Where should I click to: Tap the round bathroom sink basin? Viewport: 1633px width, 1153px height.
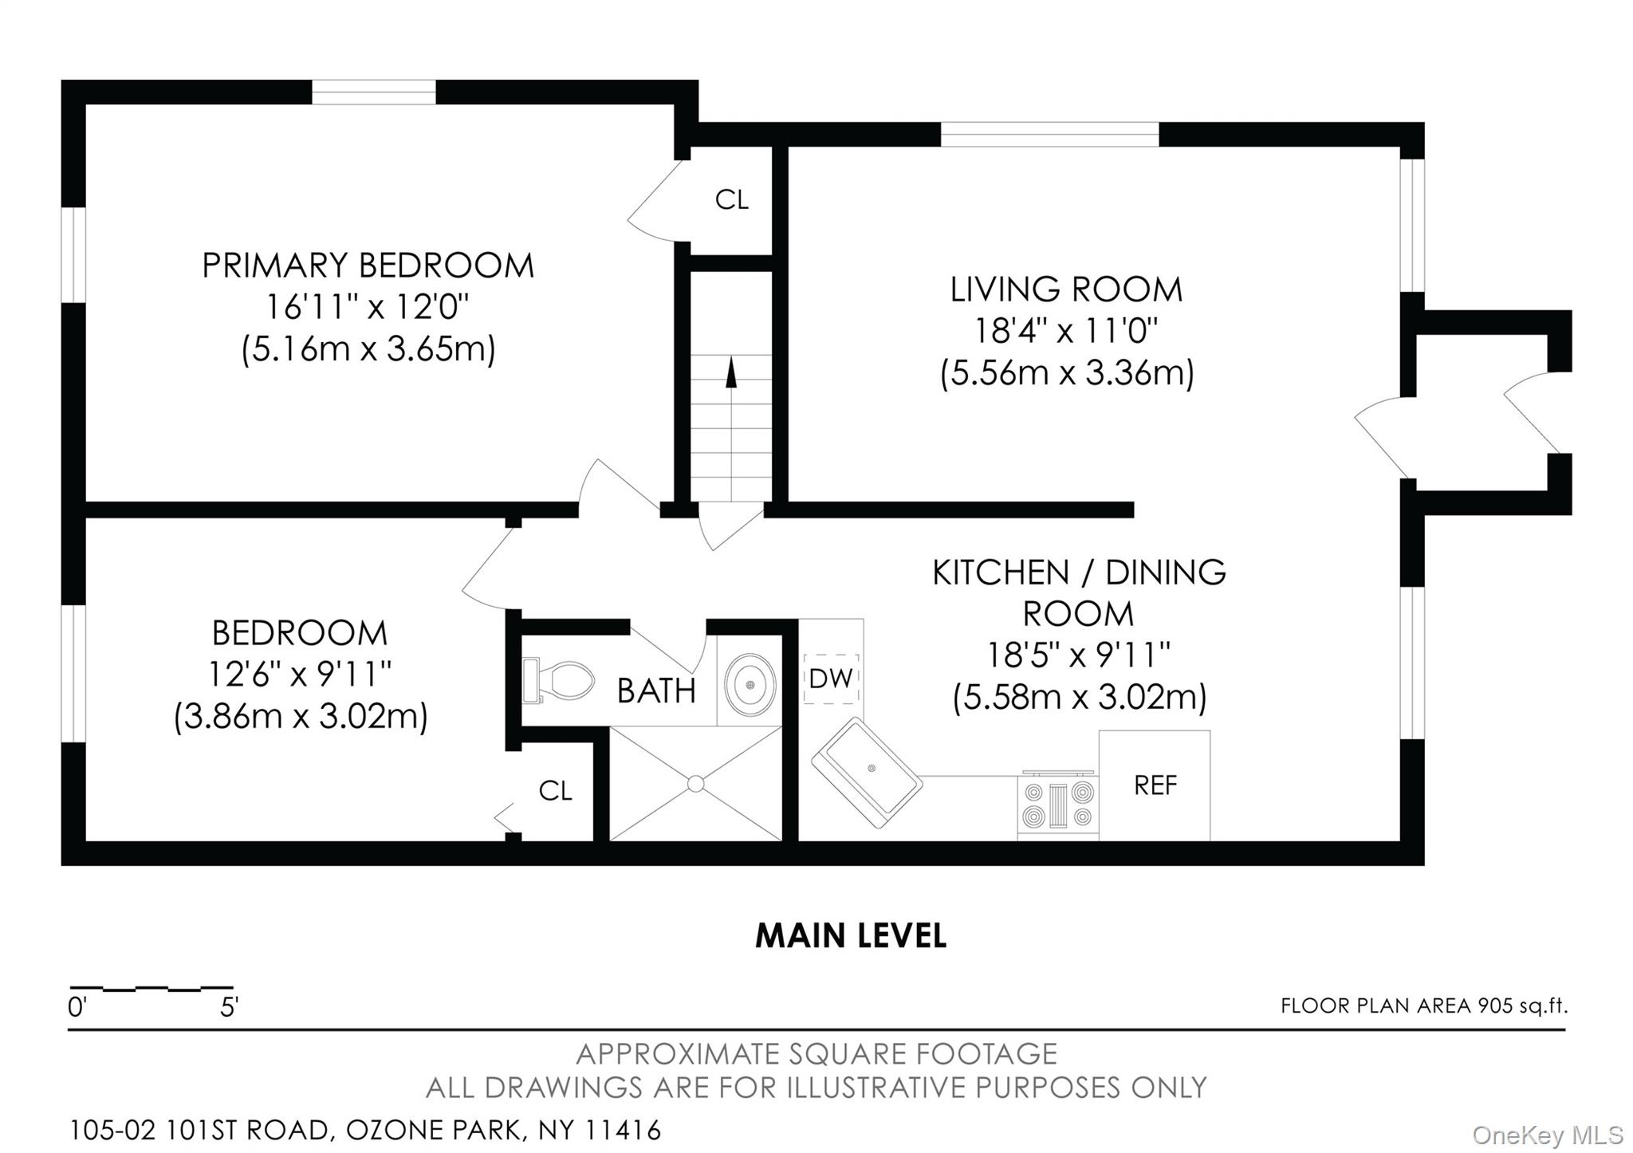pos(750,683)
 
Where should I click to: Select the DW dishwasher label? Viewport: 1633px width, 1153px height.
pos(831,679)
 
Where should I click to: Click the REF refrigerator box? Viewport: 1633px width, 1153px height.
pos(1155,785)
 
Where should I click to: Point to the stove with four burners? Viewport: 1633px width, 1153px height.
pos(1058,805)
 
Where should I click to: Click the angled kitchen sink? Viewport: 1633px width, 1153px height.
pos(867,772)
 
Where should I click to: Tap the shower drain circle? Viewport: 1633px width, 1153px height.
pos(695,784)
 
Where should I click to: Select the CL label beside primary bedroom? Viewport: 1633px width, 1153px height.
pos(732,199)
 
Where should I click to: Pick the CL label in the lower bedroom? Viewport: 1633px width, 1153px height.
pos(556,791)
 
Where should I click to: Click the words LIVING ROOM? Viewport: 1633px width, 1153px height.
pos(1066,289)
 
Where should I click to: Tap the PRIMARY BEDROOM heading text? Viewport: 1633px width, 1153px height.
pos(368,266)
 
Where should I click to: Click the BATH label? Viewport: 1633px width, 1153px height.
pos(656,691)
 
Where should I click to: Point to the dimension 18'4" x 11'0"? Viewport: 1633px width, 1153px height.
pos(1066,331)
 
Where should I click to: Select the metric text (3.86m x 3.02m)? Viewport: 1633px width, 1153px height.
pos(301,716)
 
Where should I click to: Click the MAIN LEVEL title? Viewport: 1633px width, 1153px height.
pos(851,935)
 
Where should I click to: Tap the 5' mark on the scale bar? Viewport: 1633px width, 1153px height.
pos(229,1008)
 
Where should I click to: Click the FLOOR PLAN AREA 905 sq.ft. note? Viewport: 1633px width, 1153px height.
pos(1424,1006)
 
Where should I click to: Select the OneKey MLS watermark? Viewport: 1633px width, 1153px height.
pos(1548,1135)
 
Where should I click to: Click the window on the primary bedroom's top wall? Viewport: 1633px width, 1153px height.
pos(373,92)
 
